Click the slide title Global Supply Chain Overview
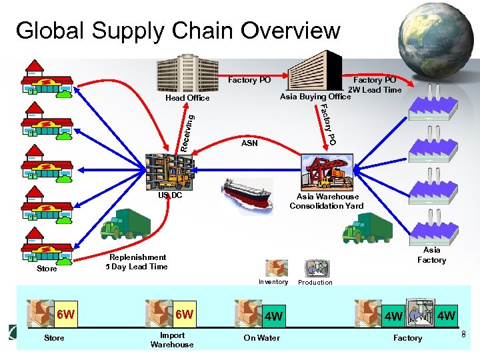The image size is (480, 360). tap(177, 31)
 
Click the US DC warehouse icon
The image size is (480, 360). tap(169, 172)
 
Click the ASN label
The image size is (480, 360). tap(249, 143)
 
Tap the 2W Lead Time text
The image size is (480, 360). tap(374, 90)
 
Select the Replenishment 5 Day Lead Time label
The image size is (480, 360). tap(138, 262)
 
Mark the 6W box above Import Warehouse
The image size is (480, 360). tap(184, 314)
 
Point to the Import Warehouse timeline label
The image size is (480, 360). tap(172, 340)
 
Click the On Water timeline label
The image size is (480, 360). tap(261, 338)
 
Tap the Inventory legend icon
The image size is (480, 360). tap(275, 267)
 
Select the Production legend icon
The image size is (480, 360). tap(315, 268)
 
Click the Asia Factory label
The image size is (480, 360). tap(431, 255)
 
